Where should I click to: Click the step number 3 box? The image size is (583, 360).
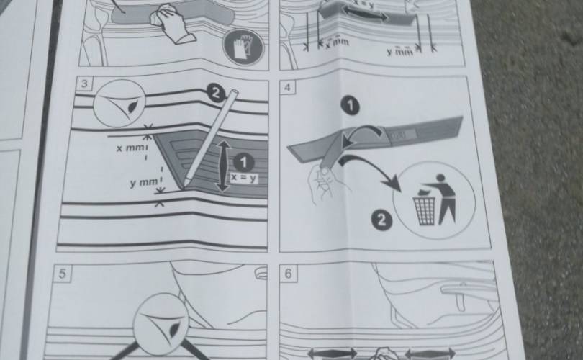84,84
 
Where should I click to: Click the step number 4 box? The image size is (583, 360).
287,87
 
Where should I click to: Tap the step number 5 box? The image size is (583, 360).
62,274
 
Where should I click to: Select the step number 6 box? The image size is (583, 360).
288,274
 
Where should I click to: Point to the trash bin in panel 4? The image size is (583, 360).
424,210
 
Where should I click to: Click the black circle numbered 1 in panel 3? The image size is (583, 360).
243,163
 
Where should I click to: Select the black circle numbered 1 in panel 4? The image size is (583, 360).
350,106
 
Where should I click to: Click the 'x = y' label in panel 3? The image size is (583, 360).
243,178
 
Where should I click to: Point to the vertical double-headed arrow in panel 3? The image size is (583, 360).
223,166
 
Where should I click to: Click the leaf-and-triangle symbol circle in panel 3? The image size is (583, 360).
119,103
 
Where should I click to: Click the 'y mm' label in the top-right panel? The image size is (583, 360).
399,52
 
